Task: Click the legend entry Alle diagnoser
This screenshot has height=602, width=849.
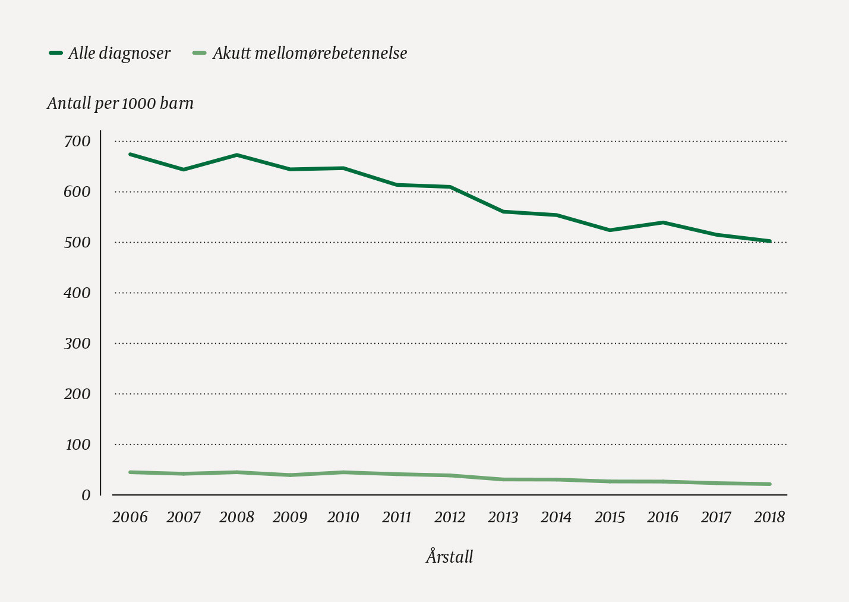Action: coord(119,54)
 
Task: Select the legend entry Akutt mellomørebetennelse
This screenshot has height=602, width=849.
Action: coord(309,54)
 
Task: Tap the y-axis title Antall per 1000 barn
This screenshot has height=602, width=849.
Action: coord(120,104)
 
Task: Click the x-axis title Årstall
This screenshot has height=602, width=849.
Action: coord(449,557)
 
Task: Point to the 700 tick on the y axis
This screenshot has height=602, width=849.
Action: coord(77,142)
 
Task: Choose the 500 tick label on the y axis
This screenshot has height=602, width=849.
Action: coord(77,243)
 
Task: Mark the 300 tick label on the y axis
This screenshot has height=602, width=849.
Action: coord(77,344)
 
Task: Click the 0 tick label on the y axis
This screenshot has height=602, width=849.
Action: coord(86,495)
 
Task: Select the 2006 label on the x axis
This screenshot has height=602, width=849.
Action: coord(130,517)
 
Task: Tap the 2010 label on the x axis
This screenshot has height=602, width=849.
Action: coord(343,517)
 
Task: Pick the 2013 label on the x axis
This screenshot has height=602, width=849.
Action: coord(503,517)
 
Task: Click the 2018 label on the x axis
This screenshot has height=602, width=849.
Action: coord(769,517)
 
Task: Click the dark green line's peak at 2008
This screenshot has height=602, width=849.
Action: coord(236,155)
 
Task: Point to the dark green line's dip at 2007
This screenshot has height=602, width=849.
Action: coord(184,170)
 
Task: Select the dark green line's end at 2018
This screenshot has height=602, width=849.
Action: coord(769,241)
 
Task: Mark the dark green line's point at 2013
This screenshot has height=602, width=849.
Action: coord(503,211)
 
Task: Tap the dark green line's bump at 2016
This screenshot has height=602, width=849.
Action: coord(663,222)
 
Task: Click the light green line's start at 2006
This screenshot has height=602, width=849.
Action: coord(130,472)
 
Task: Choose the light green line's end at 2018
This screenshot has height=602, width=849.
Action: coord(769,484)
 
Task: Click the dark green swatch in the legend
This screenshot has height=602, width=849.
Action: coord(56,53)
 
